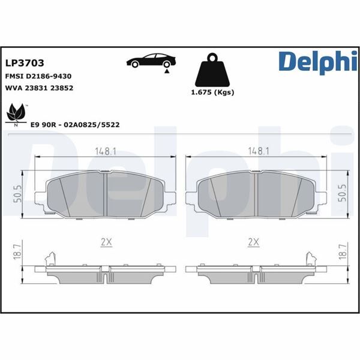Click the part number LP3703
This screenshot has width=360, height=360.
click(x=25, y=62)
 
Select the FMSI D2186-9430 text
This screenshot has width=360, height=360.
click(x=38, y=77)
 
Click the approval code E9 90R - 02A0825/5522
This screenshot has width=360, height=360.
click(x=75, y=124)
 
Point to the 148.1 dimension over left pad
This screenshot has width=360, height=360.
click(x=106, y=152)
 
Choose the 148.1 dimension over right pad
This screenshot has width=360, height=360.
click(x=256, y=152)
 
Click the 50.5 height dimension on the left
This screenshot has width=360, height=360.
click(x=17, y=195)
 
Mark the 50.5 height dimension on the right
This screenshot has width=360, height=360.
click(x=344, y=195)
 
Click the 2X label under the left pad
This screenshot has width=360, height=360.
click(x=106, y=242)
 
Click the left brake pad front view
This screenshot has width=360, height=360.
click(x=105, y=195)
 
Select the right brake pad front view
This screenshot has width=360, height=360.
click(x=256, y=195)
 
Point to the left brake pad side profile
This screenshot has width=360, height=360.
click(x=105, y=271)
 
